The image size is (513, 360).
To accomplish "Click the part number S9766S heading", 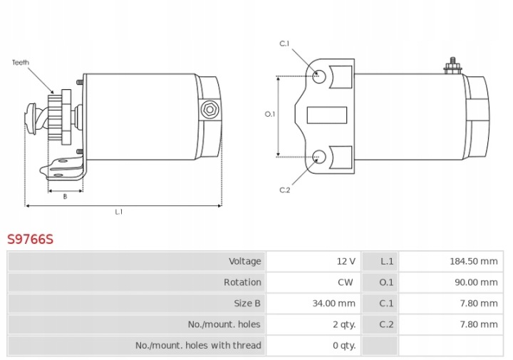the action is (x=30, y=240).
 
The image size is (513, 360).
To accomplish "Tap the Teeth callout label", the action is (x=21, y=62).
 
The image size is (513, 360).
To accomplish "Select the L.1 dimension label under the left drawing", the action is (x=119, y=212).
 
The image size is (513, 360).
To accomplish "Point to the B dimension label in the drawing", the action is (x=65, y=196).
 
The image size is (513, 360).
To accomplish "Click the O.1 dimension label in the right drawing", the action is (x=270, y=114).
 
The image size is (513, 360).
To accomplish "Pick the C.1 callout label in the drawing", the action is (x=284, y=43).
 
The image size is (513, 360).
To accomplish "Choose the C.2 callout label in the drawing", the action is (x=284, y=190).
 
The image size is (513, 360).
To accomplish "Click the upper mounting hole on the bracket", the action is (x=319, y=76).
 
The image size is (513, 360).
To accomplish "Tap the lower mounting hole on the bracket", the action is (x=319, y=157).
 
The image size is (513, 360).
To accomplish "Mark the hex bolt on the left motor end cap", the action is (x=209, y=110).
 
